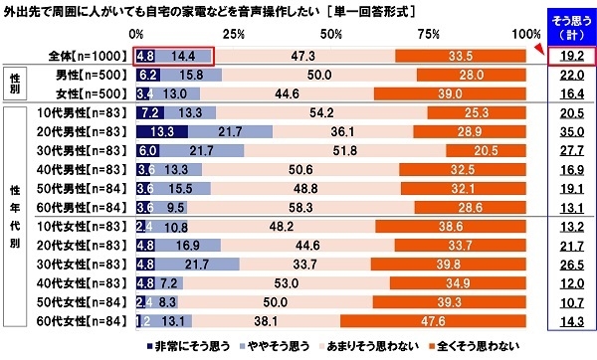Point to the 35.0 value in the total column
[x=571, y=131]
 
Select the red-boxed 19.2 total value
[x=571, y=57]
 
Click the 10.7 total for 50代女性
[x=571, y=301]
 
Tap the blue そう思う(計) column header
[x=571, y=25]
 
